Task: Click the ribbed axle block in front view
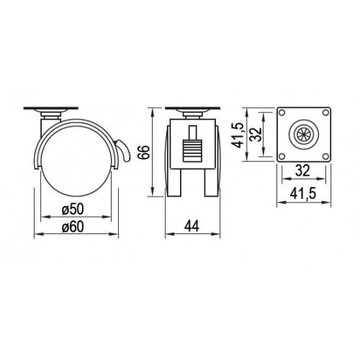coord(193,148)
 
